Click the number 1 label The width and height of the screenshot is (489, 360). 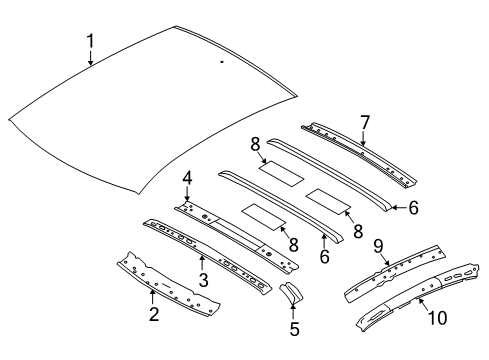91,41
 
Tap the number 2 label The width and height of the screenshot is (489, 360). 154,315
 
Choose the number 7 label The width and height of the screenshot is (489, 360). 365,121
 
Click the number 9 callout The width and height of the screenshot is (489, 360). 379,244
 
